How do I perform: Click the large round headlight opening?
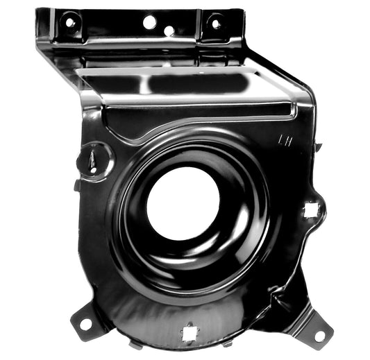tap(182, 202)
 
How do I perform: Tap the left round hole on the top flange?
tap(69, 22)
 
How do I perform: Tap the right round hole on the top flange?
tap(215, 24)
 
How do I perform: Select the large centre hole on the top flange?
tap(149, 22)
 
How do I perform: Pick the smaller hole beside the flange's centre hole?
tap(169, 31)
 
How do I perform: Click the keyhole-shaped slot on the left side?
tap(93, 159)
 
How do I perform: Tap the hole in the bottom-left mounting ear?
tap(86, 323)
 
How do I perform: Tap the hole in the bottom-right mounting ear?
tap(319, 335)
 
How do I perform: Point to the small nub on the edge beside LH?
tap(318, 147)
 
